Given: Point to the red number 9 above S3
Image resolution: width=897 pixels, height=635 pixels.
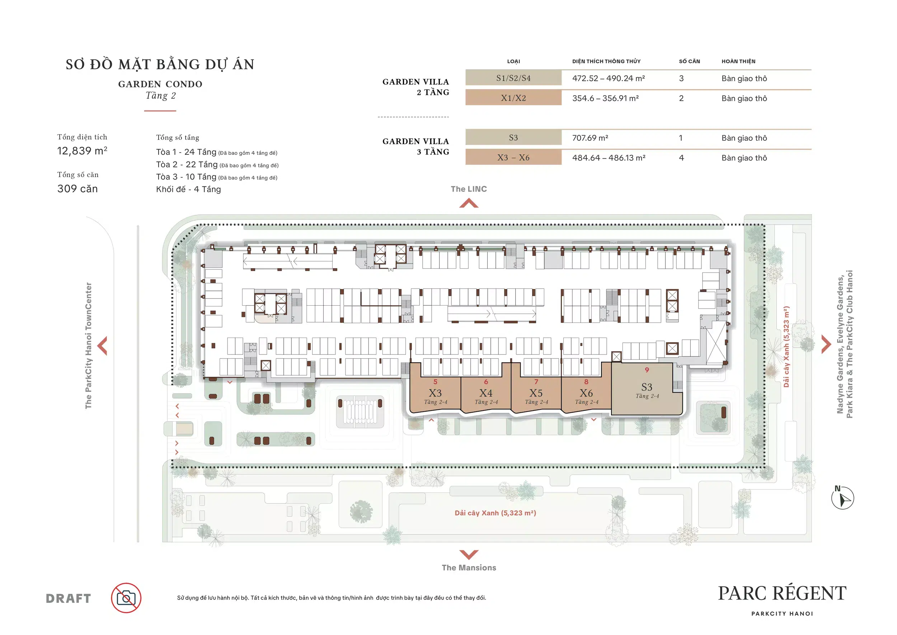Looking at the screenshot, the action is point(647,370).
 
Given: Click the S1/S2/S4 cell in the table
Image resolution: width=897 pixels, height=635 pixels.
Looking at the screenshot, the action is point(513,78).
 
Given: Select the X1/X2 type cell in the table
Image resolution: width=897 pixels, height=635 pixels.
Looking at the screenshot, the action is point(513,98).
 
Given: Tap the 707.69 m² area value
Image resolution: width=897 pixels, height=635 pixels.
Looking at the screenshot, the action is point(590,138).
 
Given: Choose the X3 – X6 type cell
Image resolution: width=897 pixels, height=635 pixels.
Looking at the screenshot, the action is point(513,158).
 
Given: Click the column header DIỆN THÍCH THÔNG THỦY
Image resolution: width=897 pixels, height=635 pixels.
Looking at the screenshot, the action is point(606,61).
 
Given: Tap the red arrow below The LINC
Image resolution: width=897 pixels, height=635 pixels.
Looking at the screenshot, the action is point(469,203).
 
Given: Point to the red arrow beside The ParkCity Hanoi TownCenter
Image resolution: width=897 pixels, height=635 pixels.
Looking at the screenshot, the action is point(102,346).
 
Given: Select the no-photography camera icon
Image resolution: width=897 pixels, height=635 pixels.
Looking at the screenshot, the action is point(126,598).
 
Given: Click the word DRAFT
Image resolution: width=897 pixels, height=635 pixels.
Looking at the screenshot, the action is point(69,598).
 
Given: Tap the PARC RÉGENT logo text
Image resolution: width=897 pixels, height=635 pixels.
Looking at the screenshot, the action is point(782,593).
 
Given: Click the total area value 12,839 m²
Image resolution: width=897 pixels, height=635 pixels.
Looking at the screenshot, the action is point(82,150).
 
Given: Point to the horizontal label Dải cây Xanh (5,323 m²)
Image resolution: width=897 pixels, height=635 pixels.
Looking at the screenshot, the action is point(496,513).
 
